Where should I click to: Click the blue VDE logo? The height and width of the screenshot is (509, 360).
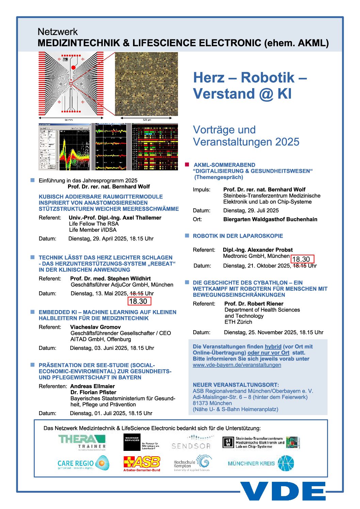(x=283, y=491)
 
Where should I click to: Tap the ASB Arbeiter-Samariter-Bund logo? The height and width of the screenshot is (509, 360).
(x=142, y=463)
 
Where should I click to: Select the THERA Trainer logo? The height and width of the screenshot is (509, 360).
(x=82, y=442)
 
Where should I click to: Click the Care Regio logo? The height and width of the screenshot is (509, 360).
(x=83, y=463)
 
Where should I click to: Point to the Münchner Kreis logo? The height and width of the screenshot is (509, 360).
(x=261, y=463)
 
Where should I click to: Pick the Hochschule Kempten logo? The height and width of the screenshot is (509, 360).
(x=193, y=463)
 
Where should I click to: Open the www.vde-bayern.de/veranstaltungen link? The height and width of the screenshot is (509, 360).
(x=237, y=365)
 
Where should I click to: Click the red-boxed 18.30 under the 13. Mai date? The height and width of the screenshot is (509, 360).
(x=139, y=301)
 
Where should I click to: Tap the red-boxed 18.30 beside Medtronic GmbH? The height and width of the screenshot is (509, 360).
(x=302, y=259)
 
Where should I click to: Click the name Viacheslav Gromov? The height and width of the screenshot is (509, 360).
(x=95, y=327)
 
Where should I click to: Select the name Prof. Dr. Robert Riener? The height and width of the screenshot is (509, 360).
(x=254, y=304)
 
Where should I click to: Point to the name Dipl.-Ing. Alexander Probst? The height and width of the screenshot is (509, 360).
(x=258, y=250)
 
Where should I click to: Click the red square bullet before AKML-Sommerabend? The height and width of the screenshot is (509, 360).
(x=187, y=165)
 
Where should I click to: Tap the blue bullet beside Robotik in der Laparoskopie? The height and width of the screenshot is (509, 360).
(x=187, y=236)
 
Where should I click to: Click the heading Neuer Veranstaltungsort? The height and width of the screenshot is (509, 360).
(x=236, y=385)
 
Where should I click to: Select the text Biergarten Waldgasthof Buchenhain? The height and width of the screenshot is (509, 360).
(x=270, y=219)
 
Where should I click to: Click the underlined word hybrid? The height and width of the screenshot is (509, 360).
(x=273, y=346)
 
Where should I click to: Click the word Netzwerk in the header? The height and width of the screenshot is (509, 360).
(x=58, y=32)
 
